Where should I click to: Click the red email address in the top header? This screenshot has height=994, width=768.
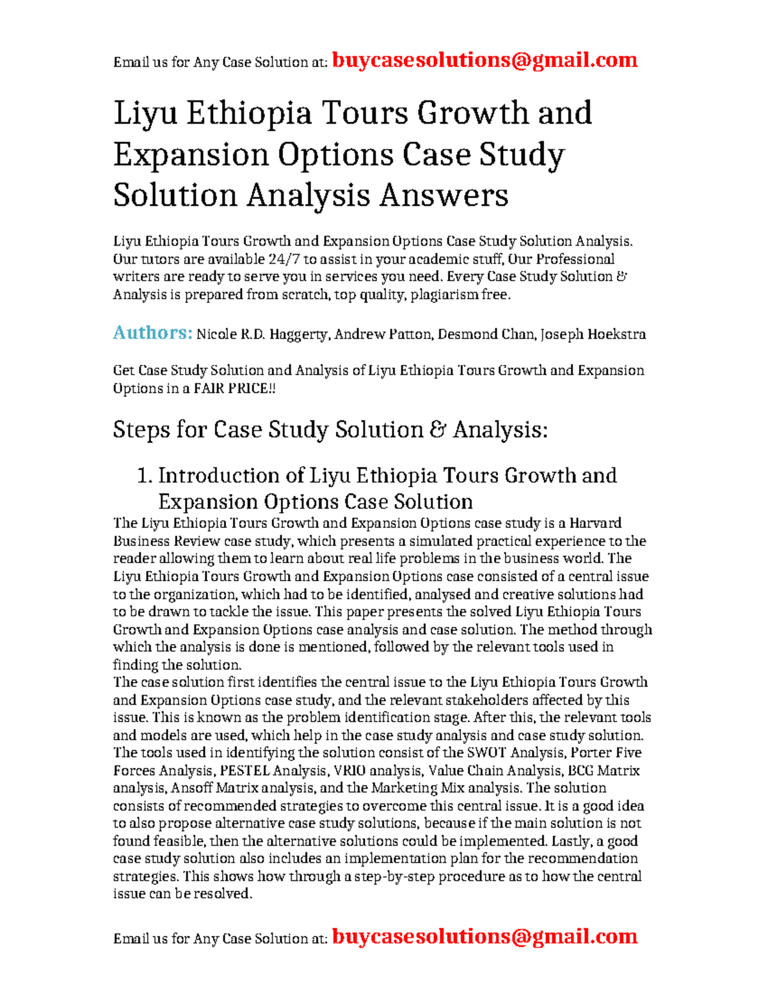(484, 60)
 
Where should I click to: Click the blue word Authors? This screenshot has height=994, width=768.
(152, 333)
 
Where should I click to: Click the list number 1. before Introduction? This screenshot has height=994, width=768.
(145, 476)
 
